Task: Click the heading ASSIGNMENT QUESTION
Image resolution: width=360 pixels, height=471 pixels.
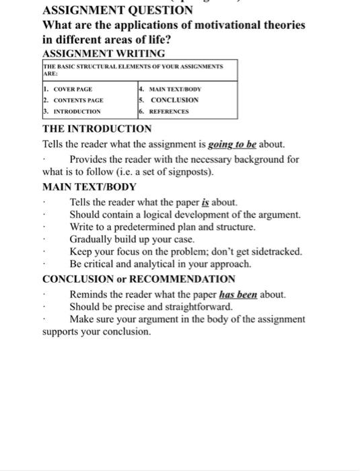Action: click(x=117, y=11)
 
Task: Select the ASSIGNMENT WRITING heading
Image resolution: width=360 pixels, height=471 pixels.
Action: click(x=103, y=53)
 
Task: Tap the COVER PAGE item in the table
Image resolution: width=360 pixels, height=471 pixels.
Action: click(x=69, y=89)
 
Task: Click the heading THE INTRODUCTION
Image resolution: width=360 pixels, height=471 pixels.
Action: click(x=97, y=129)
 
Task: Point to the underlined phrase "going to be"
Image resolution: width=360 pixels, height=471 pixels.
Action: click(x=233, y=144)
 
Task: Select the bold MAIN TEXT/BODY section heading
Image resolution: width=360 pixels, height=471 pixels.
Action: click(x=89, y=186)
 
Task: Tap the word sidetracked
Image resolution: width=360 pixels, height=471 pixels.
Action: click(x=277, y=252)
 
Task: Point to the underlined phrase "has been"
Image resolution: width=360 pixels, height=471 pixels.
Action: click(x=239, y=294)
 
